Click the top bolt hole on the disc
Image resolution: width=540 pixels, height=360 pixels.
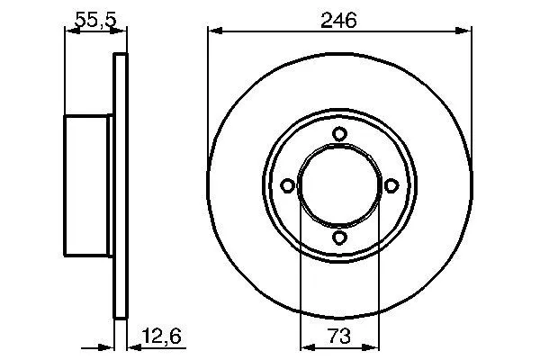click(339, 134)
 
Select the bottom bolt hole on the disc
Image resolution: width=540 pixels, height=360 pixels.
click(339, 237)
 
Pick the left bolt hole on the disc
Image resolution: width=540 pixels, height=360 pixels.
click(288, 185)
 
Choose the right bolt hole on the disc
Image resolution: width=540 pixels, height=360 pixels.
click(391, 185)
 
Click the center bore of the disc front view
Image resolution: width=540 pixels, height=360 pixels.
click(339, 185)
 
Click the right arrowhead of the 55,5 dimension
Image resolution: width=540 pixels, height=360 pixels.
click(115, 32)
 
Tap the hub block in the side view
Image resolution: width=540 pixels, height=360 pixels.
click(88, 185)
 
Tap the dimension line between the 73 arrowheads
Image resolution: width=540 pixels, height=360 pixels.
click(339, 346)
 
